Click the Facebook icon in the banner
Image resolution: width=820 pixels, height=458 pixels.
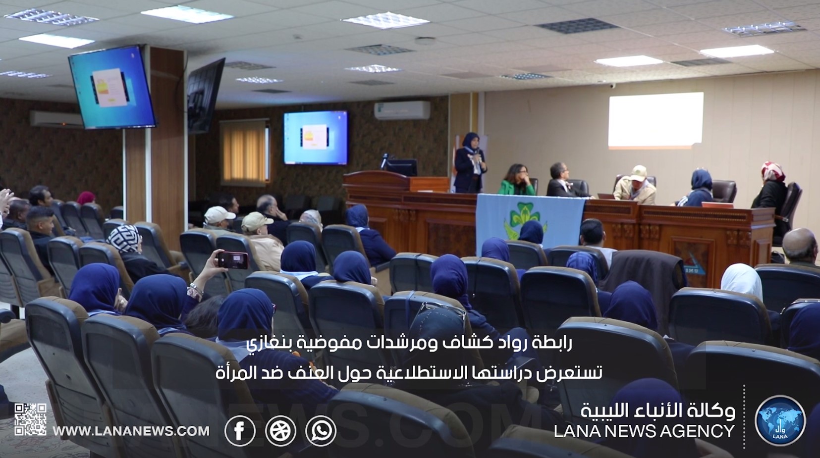[x=240, y=431]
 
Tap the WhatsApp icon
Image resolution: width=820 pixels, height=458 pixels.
[x=321, y=431]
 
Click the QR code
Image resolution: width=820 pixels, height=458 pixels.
[x=30, y=419]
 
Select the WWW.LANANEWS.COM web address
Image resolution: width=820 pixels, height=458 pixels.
[x=131, y=431]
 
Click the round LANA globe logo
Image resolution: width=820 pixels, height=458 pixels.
[x=780, y=420]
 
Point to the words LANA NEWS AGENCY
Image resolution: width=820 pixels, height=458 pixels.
[x=644, y=431]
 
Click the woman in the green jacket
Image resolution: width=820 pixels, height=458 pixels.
[x=517, y=180]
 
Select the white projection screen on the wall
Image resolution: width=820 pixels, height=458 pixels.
[x=656, y=120]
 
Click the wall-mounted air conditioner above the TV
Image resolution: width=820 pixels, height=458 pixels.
[x=402, y=110]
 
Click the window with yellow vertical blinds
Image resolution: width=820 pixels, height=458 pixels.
[x=245, y=152]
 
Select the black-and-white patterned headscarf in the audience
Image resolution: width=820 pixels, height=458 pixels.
[x=124, y=238]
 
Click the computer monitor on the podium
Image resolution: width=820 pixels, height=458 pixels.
[x=401, y=168]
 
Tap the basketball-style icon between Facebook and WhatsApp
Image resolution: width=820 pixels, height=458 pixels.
[x=280, y=431]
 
